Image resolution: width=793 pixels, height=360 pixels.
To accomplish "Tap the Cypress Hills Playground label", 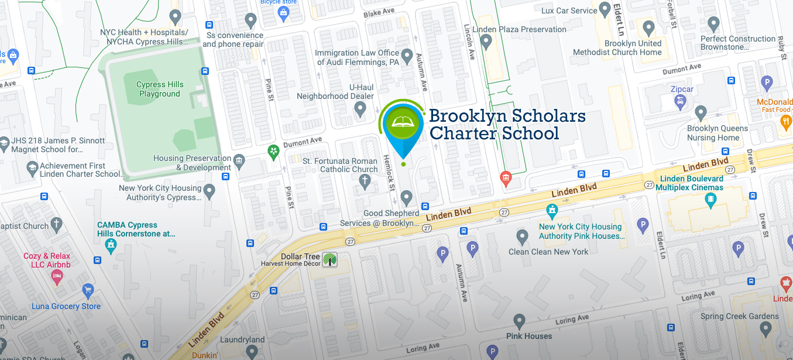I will (160, 89).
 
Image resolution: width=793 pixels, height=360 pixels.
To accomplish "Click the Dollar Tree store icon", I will (330, 259).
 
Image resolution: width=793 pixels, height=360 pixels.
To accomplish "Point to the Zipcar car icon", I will (680, 102).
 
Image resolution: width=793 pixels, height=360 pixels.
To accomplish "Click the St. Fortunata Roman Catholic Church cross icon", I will (365, 181).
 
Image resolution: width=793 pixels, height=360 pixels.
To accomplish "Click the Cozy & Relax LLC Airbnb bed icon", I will (57, 276).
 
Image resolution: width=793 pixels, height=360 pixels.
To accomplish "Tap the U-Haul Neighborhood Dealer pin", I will (361, 108).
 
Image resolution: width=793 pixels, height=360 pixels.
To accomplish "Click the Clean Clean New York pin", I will (522, 237).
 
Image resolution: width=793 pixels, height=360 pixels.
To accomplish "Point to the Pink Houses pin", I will (519, 321).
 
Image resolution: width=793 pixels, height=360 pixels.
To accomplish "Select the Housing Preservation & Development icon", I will (239, 161).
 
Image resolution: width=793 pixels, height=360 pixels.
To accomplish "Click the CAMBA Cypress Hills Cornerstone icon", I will (110, 245).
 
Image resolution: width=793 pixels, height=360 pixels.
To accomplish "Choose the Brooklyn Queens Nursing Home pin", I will (701, 113).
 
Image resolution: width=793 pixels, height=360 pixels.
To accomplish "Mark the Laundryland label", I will (242, 340).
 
